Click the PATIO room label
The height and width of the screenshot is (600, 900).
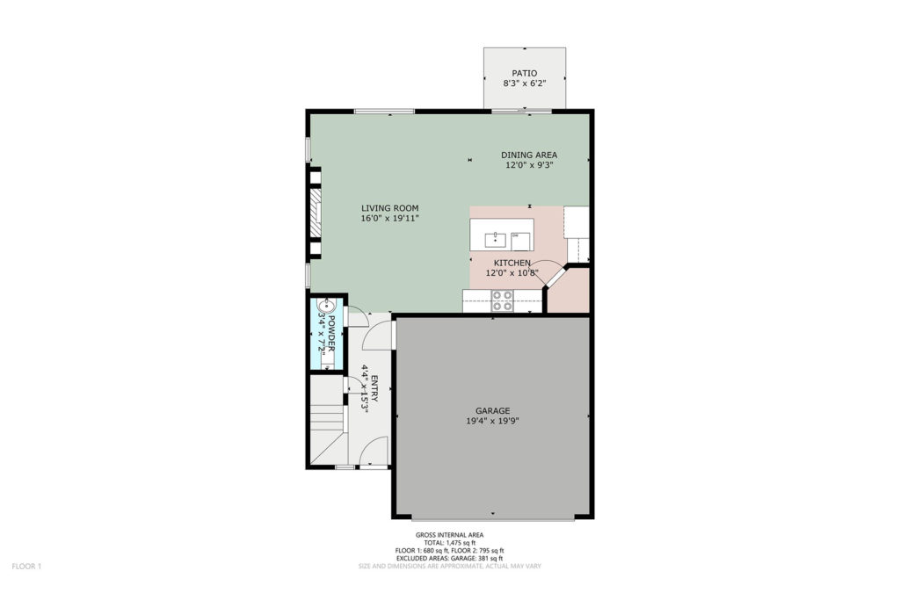click(x=525, y=74)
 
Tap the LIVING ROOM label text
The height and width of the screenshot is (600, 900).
click(x=389, y=208)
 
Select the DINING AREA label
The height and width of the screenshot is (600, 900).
click(x=529, y=155)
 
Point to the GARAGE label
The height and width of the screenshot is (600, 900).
click(x=492, y=411)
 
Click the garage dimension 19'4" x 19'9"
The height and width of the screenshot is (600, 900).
click(x=492, y=421)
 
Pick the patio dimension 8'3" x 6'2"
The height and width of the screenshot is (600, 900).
click(x=525, y=83)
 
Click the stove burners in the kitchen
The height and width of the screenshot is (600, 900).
click(x=502, y=301)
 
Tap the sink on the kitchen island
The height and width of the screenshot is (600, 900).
click(x=495, y=239)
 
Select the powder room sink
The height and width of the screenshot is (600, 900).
click(x=327, y=304)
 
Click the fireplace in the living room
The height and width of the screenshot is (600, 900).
click(x=314, y=213)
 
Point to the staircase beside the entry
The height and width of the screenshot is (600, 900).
click(x=328, y=420)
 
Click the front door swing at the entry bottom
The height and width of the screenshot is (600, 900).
click(x=374, y=451)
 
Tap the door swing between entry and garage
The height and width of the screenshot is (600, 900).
click(x=378, y=336)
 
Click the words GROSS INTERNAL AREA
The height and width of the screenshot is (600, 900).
click(x=449, y=535)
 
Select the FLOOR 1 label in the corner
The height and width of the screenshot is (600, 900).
click(x=27, y=567)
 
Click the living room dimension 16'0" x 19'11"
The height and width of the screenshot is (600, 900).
click(x=389, y=219)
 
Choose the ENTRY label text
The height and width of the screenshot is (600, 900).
click(x=374, y=389)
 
